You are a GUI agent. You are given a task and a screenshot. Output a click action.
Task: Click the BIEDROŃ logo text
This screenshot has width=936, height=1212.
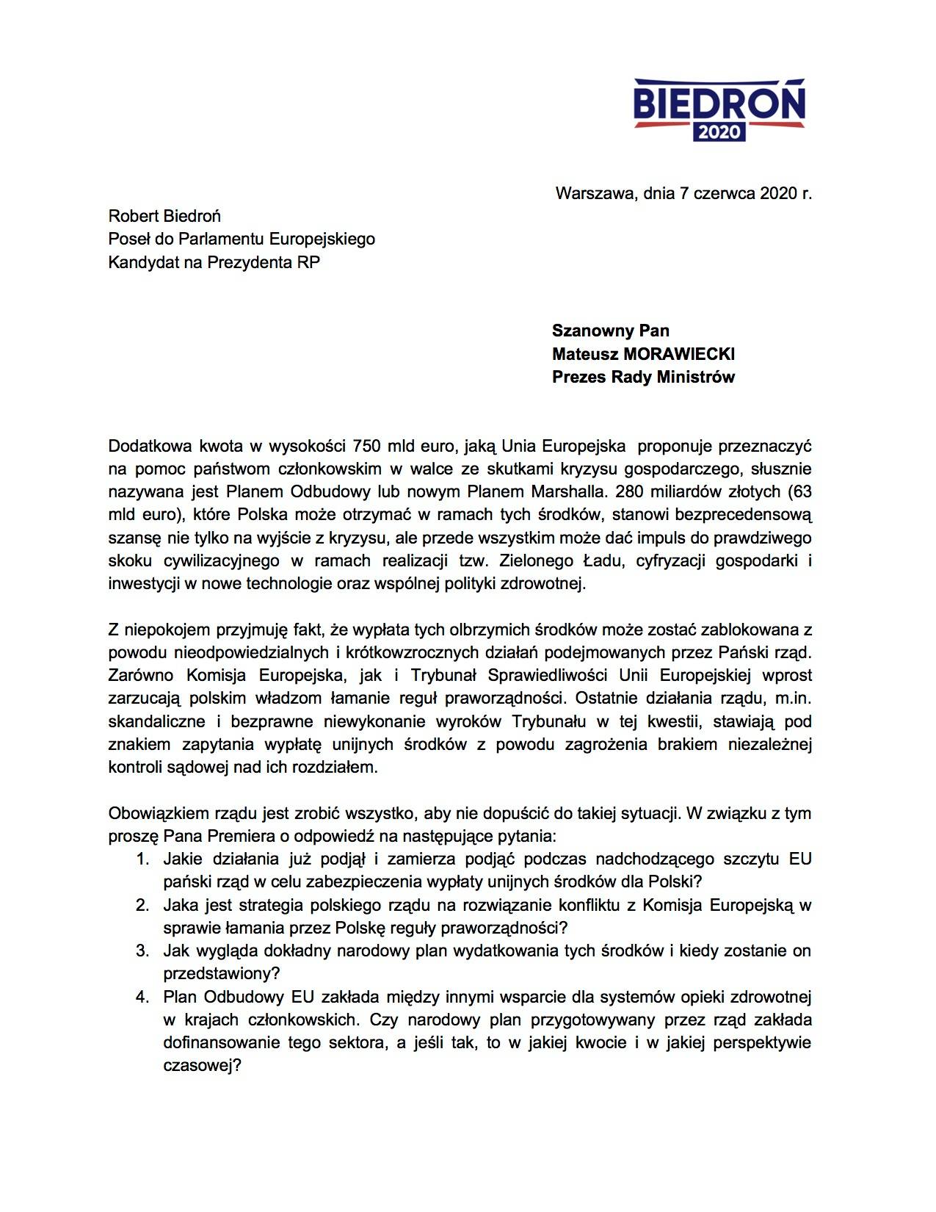719,104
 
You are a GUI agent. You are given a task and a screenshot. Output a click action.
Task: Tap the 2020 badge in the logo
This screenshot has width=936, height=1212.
719,133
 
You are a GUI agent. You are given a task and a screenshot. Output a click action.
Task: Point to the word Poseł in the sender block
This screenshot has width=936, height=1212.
126,239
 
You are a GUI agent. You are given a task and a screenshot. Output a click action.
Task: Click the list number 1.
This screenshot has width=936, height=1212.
142,859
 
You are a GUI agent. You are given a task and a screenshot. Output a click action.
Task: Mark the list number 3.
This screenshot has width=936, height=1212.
142,951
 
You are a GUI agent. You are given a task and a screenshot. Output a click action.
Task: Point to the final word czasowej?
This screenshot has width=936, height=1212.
202,1065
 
